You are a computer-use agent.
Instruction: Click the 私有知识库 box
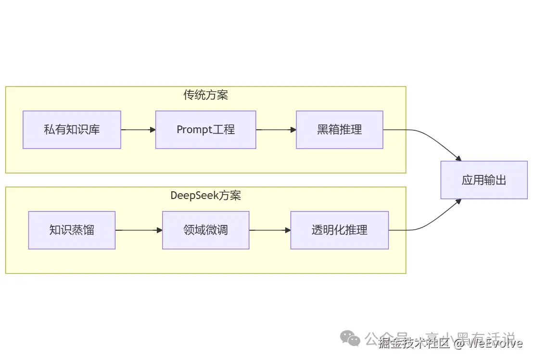click(x=72, y=130)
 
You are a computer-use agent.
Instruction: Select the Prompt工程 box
click(x=205, y=130)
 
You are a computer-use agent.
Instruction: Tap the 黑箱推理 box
click(x=339, y=130)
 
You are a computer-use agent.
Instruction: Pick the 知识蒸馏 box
click(x=72, y=230)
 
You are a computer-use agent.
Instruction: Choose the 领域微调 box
click(x=205, y=230)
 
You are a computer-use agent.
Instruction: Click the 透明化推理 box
click(x=339, y=230)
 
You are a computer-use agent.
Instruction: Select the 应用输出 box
click(x=484, y=180)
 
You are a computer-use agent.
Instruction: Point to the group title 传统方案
click(x=205, y=95)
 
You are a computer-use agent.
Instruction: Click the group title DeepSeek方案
click(x=205, y=196)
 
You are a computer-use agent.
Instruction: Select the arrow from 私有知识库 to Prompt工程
click(x=138, y=130)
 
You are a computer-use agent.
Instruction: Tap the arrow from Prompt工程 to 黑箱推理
click(x=276, y=130)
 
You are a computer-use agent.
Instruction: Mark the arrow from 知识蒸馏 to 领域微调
click(x=139, y=230)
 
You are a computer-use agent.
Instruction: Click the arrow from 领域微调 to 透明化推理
click(x=269, y=230)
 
